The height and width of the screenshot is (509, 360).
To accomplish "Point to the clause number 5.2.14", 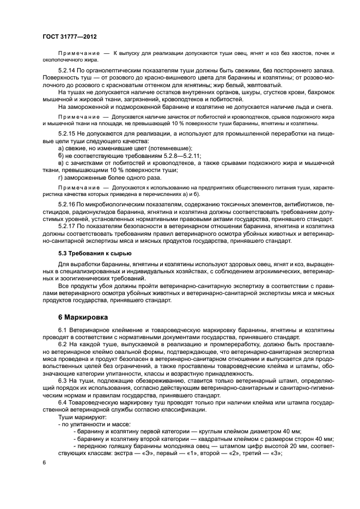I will point(68,71).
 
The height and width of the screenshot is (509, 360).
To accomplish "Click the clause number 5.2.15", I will point(68,133).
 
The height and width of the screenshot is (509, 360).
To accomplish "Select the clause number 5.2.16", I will point(68,204).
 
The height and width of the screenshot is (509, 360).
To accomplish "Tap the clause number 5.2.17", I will point(68,225).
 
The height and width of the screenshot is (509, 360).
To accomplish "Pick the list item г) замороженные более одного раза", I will point(105,177).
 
